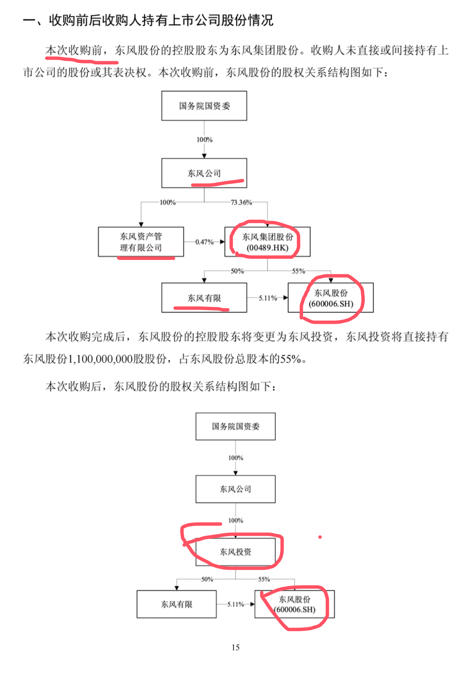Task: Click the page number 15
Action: click(236, 647)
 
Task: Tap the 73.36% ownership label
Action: click(241, 203)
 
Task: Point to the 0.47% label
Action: click(204, 242)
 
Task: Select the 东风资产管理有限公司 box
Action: click(141, 242)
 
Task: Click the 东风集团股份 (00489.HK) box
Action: click(267, 242)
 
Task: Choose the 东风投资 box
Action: click(235, 552)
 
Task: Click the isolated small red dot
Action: click(320, 537)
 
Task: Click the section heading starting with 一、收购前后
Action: click(148, 20)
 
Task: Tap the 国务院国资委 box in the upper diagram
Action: click(204, 106)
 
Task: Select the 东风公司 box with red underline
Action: click(204, 173)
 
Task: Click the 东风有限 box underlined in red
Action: click(204, 298)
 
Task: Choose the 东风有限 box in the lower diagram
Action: click(177, 604)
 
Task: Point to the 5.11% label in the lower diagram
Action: click(236, 604)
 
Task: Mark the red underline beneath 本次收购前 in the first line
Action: click(81, 59)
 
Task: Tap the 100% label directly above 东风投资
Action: click(236, 520)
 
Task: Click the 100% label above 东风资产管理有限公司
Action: click(167, 203)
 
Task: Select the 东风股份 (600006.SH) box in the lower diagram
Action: click(295, 604)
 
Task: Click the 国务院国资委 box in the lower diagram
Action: click(235, 426)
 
